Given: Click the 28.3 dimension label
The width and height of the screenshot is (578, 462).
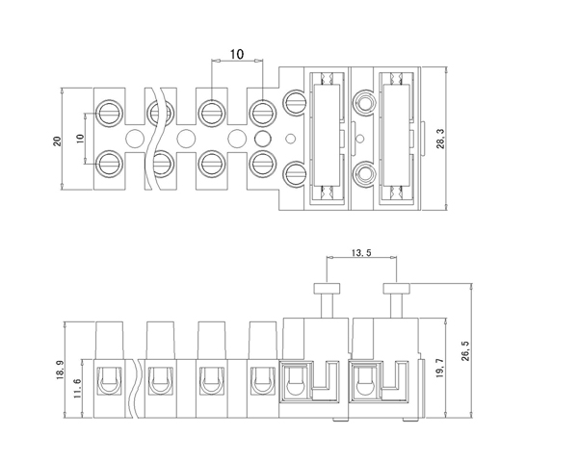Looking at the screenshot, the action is coord(440,139).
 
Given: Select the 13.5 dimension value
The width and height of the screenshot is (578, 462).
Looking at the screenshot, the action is coord(361,253).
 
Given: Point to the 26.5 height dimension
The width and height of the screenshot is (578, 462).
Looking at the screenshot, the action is coord(465,350).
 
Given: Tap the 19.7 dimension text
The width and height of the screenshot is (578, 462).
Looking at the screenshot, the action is coord(439,369).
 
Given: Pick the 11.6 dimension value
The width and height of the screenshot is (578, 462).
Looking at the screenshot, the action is coord(77,388).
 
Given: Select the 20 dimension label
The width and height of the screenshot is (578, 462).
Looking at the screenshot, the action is coord(57,141).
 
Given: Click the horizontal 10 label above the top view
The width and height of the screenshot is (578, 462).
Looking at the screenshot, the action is coord(237,54).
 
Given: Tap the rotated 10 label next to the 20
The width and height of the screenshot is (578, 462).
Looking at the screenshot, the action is coord(80,139).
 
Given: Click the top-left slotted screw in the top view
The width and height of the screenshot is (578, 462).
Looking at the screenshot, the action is coord(109,114).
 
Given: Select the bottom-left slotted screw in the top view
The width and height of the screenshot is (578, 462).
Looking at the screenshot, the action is coord(109,164).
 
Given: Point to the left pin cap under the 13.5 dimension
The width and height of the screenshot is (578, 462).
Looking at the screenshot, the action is coord(327,288).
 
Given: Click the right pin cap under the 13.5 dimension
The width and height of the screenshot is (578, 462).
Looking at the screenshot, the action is coord(396,288).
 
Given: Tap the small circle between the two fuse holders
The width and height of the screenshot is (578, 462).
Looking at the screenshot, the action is coord(361,139).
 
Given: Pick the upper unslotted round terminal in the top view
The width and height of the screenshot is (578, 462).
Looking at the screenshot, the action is coord(364,102).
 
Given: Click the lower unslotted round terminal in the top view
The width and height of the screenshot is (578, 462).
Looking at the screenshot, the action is coord(364,174).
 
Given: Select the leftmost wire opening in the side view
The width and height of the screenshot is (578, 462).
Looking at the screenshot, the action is coord(109,381).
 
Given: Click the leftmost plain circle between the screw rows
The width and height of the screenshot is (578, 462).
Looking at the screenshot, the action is coord(135,139).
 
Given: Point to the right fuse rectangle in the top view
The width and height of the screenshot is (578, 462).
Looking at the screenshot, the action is coord(396,135).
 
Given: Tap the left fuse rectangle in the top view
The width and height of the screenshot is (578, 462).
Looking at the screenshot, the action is coord(327,135).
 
